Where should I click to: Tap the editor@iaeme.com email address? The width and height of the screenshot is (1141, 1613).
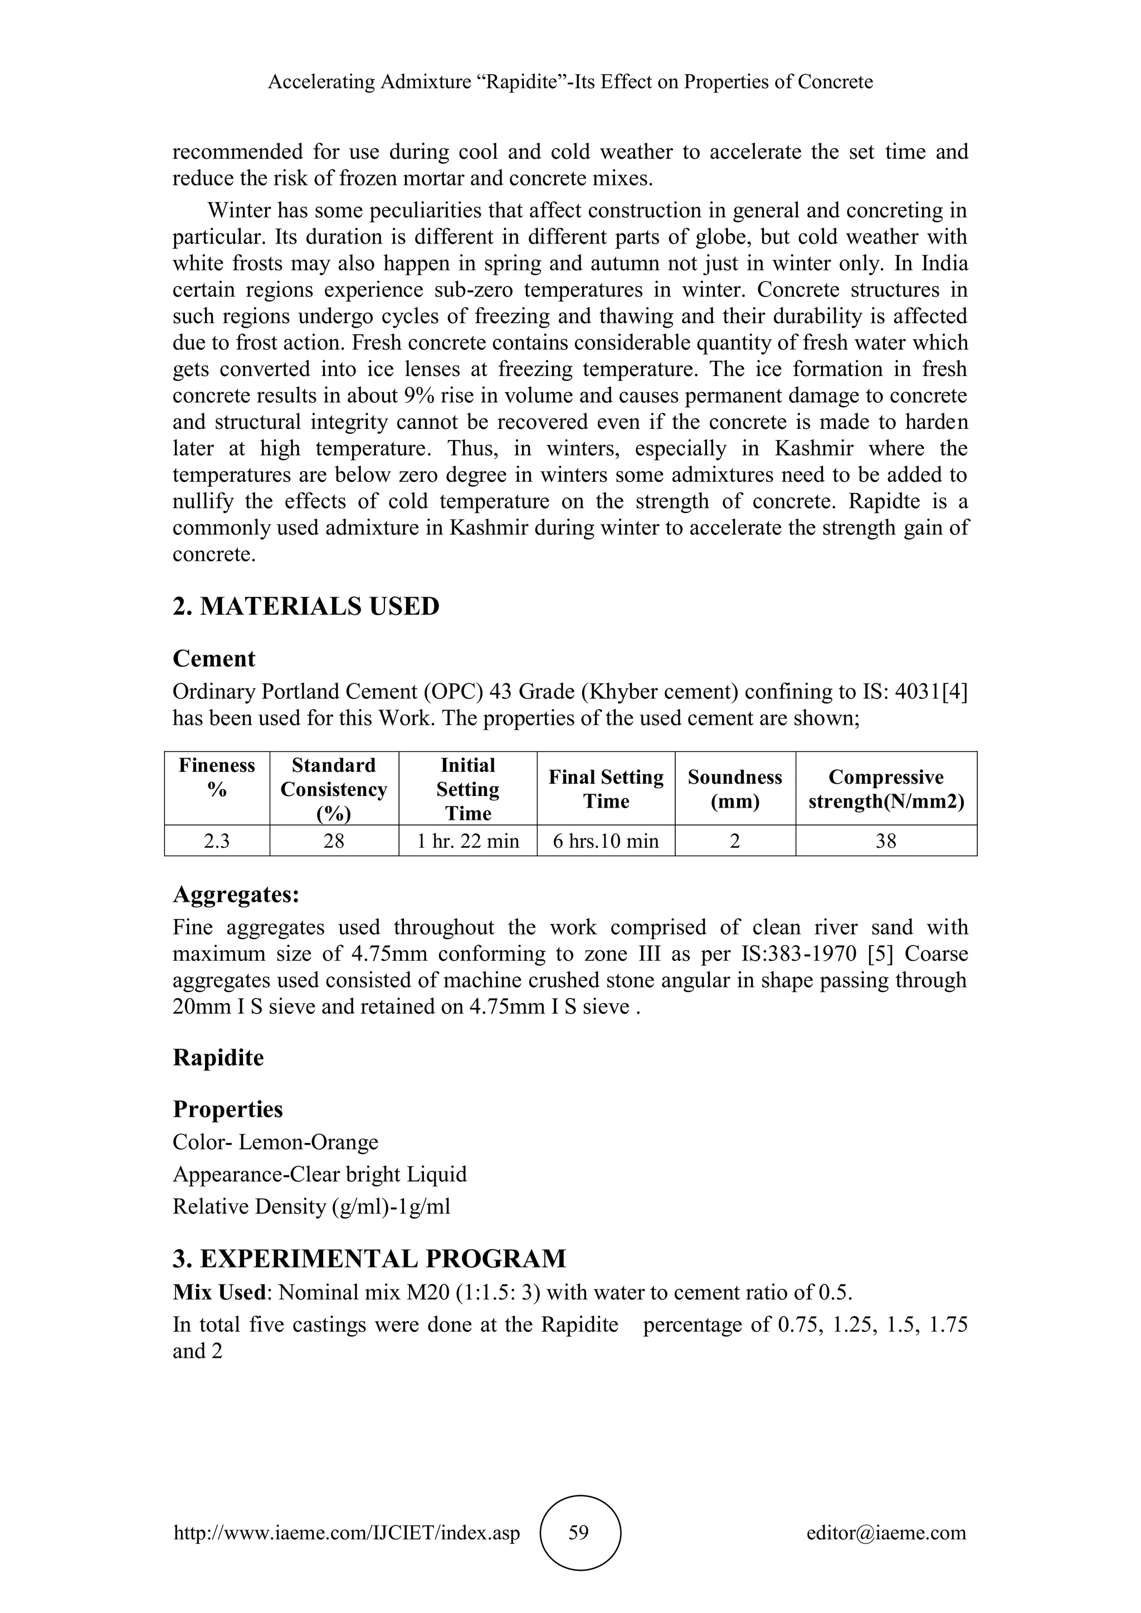pyautogui.click(x=886, y=1533)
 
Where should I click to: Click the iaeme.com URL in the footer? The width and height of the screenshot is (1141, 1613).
pyautogui.click(x=347, y=1533)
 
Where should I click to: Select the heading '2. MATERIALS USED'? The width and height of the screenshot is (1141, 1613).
pyautogui.click(x=306, y=607)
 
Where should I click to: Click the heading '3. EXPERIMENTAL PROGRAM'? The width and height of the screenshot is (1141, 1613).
pyautogui.click(x=369, y=1258)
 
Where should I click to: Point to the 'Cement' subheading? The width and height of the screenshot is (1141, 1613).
pyautogui.click(x=213, y=659)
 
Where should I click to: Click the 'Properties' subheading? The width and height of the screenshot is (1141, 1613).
pyautogui.click(x=228, y=1109)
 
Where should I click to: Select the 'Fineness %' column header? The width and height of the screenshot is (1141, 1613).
pyautogui.click(x=217, y=778)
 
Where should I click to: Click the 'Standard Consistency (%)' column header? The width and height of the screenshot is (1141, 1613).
pyautogui.click(x=334, y=789)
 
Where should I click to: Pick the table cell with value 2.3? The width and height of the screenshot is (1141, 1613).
pyautogui.click(x=217, y=841)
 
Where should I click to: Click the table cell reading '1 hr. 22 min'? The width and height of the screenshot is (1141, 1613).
pyautogui.click(x=467, y=841)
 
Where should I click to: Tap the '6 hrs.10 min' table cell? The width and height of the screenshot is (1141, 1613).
pyautogui.click(x=606, y=841)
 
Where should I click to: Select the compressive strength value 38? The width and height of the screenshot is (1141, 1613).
pyautogui.click(x=886, y=841)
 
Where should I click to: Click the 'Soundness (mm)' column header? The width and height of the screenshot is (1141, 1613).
pyautogui.click(x=735, y=789)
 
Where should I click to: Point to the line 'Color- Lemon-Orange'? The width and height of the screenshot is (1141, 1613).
pyautogui.click(x=275, y=1142)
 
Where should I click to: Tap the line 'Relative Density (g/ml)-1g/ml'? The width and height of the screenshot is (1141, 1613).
pyautogui.click(x=311, y=1207)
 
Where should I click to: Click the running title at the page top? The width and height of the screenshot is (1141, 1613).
pyautogui.click(x=570, y=82)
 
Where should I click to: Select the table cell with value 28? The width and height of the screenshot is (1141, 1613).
pyautogui.click(x=334, y=841)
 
